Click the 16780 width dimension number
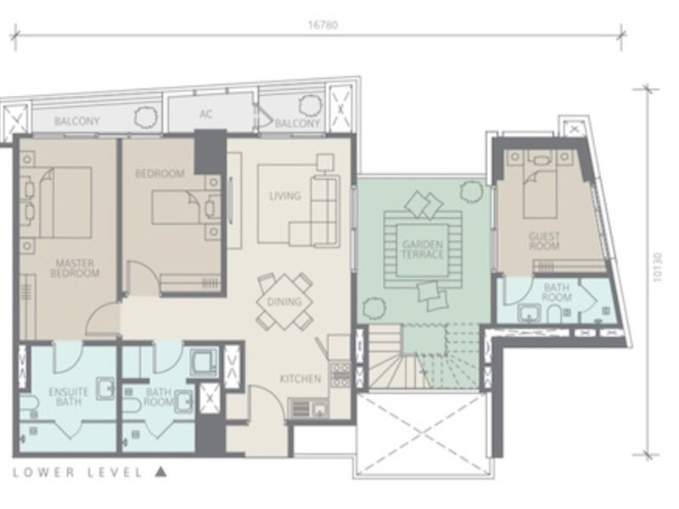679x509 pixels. point(323,25)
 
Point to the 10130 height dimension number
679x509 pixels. point(658,267)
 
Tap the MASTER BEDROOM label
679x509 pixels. point(75,268)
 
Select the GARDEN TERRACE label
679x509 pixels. point(423,249)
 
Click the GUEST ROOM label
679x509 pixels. point(544,241)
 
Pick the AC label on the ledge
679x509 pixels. point(205,114)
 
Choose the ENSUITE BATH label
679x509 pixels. point(69,397)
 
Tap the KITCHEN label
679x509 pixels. point(300,379)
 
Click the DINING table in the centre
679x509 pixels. point(284,301)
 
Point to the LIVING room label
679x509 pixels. point(285,196)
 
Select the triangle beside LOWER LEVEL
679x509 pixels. point(161,472)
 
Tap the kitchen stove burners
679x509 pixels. point(340,375)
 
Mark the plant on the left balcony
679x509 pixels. point(145,116)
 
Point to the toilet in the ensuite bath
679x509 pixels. point(29,405)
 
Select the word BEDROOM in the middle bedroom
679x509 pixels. point(160,174)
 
